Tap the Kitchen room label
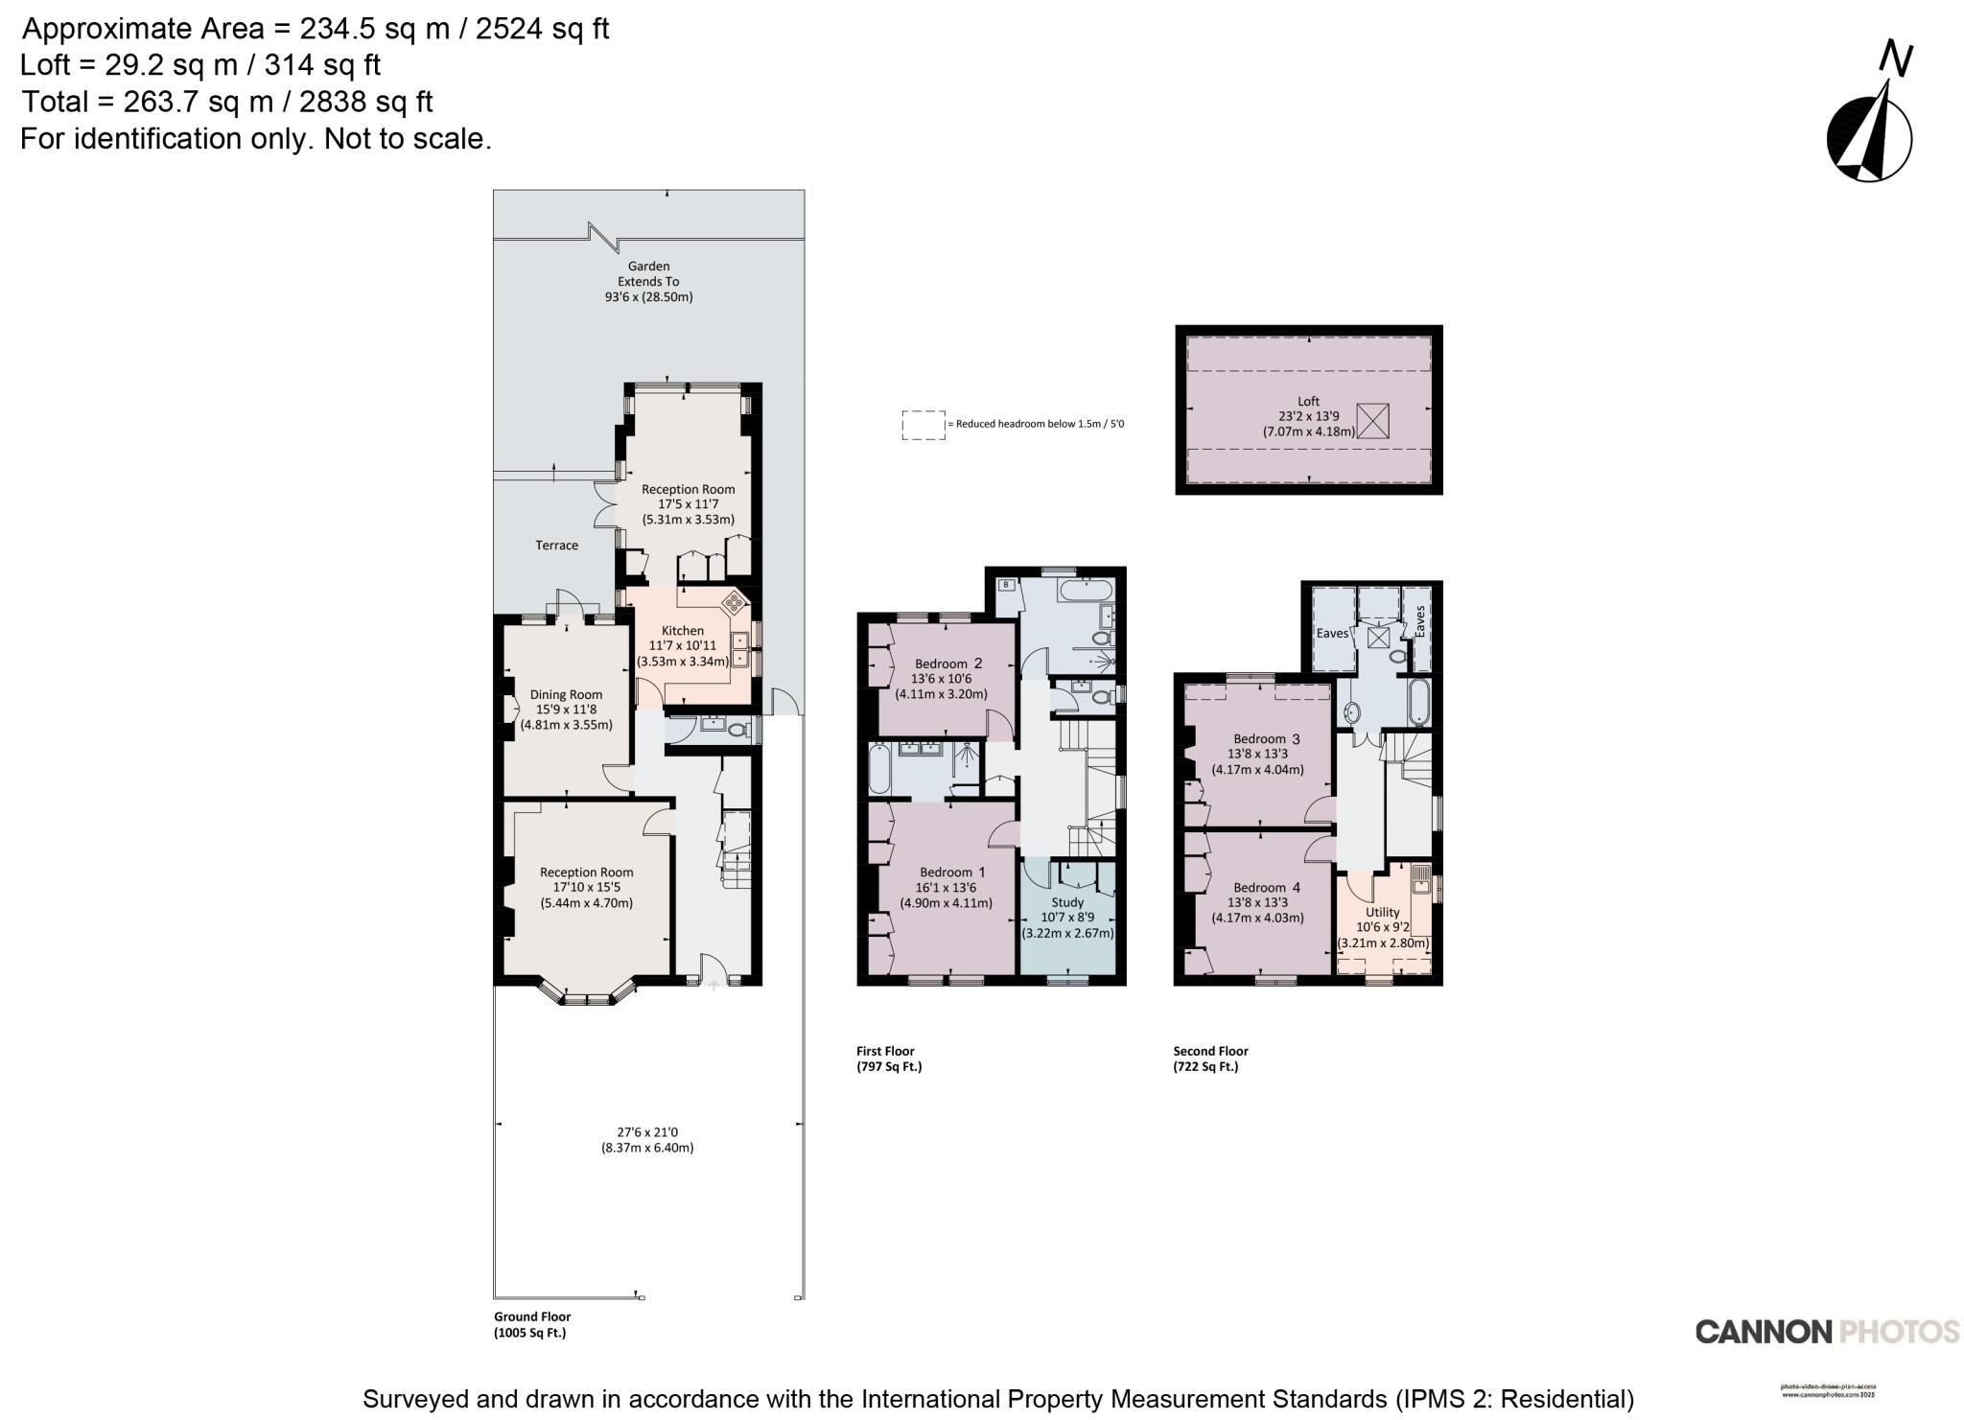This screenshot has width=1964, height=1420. tap(682, 631)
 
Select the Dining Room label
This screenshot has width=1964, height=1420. tap(566, 695)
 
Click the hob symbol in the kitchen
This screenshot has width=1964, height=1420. tap(736, 602)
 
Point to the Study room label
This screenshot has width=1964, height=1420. tap(1067, 902)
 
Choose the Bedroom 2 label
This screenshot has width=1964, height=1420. tap(947, 663)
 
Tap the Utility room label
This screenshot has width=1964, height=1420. tap(1382, 913)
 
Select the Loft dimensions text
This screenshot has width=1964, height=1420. tap(1308, 417)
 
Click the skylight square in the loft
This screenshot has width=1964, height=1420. tap(1372, 421)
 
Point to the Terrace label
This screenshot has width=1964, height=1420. tap(556, 546)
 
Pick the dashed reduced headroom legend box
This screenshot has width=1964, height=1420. tap(923, 425)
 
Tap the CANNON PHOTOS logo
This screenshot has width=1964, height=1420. tap(1826, 1332)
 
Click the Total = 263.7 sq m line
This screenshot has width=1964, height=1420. tap(226, 102)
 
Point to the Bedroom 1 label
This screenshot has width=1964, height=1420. tap(951, 873)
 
